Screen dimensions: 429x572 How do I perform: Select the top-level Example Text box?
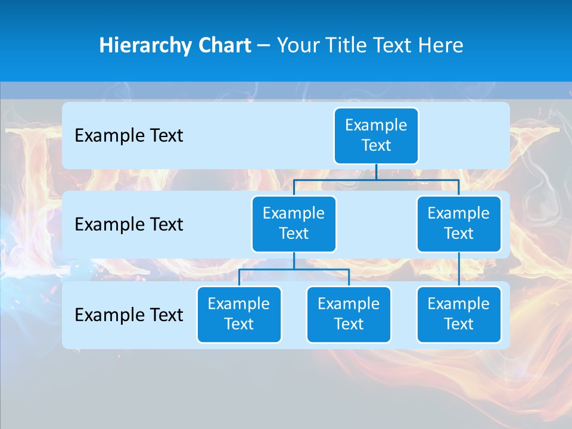(x=376, y=136)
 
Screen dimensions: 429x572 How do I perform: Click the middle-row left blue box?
(x=294, y=224)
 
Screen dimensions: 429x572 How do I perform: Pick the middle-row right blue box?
(x=459, y=224)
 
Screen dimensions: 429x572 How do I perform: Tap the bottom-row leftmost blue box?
(x=239, y=315)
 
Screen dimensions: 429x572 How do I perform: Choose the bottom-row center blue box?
(x=349, y=315)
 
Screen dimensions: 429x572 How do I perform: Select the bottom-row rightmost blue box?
(x=459, y=315)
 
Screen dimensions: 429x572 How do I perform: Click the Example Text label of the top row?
(x=129, y=136)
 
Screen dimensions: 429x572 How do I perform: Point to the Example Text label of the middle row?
(x=129, y=225)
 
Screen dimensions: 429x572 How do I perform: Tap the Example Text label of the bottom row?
(x=129, y=315)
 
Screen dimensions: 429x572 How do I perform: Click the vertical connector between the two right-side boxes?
(x=459, y=269)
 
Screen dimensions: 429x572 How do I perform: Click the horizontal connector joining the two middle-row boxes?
(x=376, y=179)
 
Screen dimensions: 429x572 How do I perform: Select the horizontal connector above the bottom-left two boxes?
(x=294, y=269)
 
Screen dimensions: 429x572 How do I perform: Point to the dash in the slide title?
(x=264, y=46)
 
